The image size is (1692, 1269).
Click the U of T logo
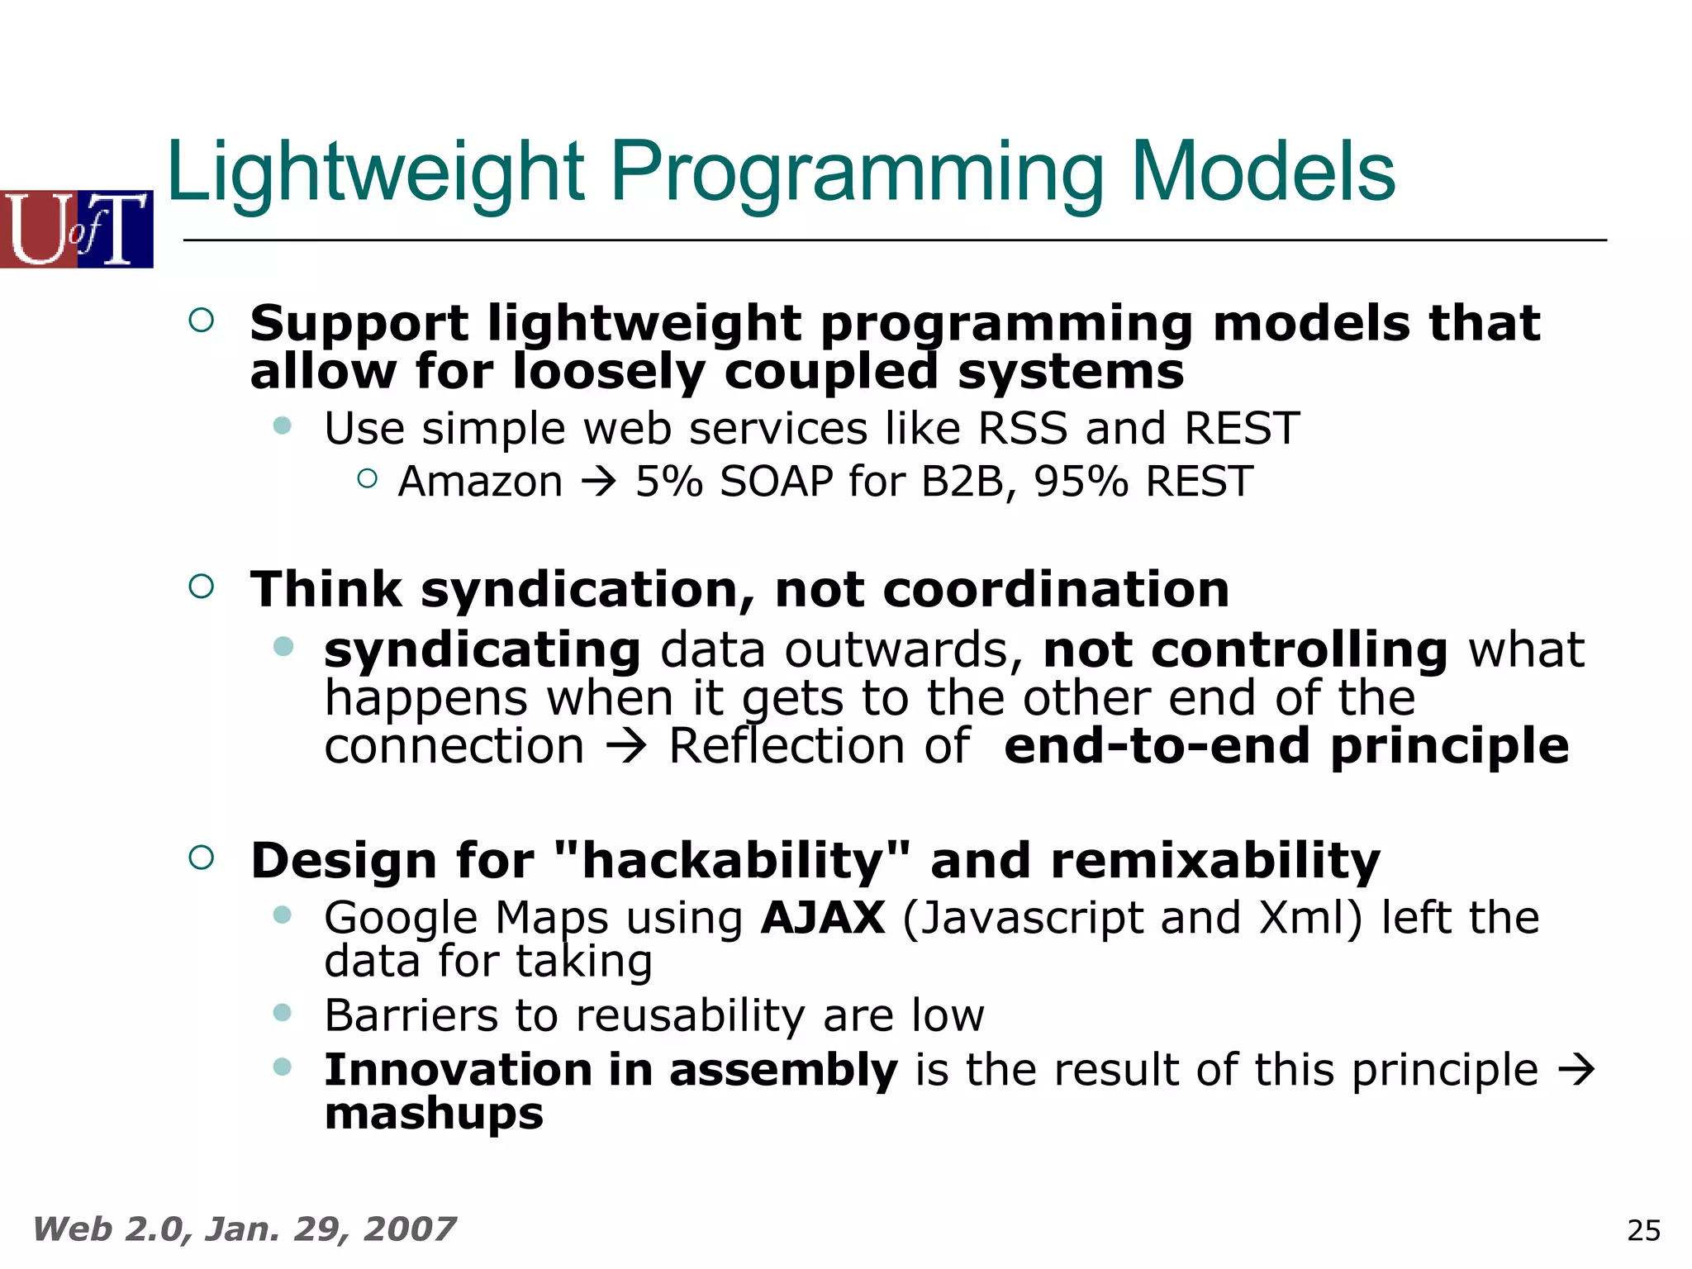tap(76, 229)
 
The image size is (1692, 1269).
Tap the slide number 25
tap(1642, 1230)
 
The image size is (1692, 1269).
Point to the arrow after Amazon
tap(599, 482)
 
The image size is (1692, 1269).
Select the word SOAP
tap(776, 482)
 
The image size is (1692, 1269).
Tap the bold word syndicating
tap(482, 650)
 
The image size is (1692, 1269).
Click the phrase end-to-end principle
tap(1286, 746)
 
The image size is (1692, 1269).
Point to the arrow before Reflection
tap(625, 747)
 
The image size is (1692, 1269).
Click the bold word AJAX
tap(823, 918)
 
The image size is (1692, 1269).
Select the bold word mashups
tap(434, 1114)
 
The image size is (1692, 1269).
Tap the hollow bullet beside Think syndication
tap(202, 587)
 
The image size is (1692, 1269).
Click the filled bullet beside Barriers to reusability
tap(283, 1013)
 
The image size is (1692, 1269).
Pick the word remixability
tap(1214, 861)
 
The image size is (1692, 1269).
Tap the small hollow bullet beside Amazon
tap(368, 478)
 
